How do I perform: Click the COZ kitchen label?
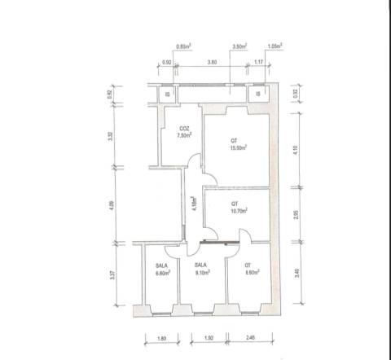pyautogui.click(x=185, y=129)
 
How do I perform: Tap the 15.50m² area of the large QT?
pyautogui.click(x=239, y=148)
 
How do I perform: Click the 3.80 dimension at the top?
pyautogui.click(x=212, y=62)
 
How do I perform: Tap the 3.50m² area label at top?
pyautogui.click(x=239, y=47)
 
